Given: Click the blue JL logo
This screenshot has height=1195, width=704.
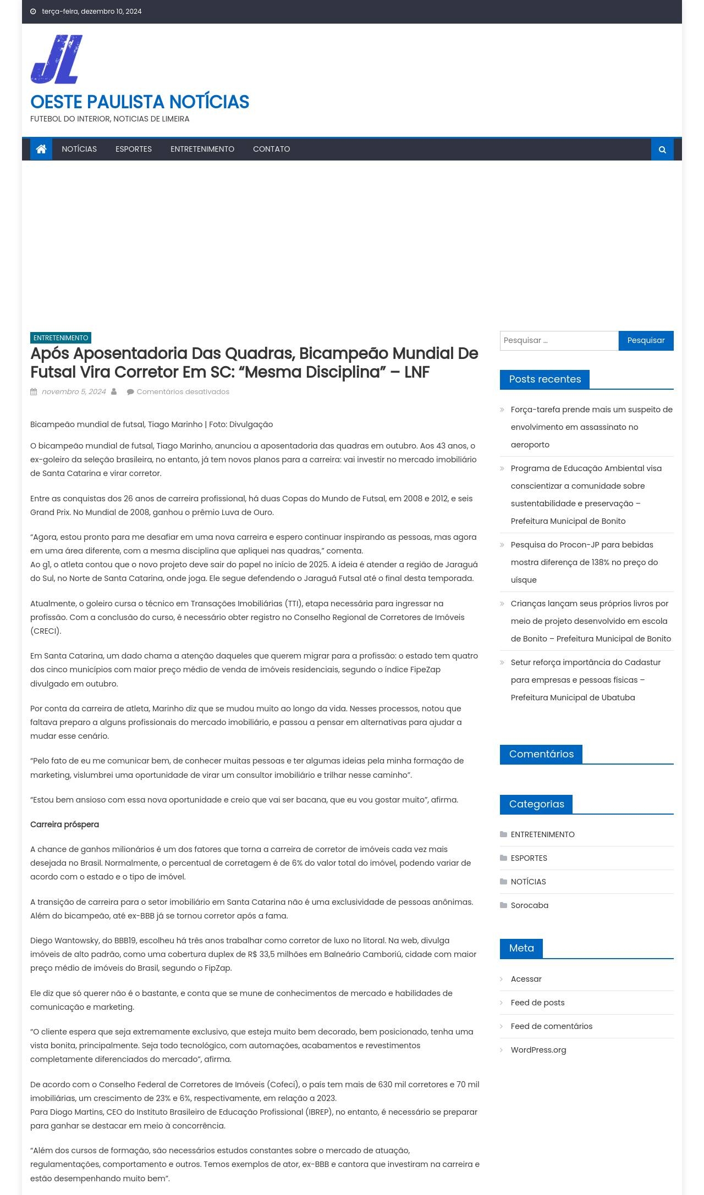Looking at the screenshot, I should tap(57, 59).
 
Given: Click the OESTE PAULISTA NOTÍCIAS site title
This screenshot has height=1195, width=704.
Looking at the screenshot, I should tap(140, 102).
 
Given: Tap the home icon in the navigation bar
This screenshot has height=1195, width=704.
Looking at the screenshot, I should tap(41, 149).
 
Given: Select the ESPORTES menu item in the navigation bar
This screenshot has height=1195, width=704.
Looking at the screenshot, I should tap(134, 149).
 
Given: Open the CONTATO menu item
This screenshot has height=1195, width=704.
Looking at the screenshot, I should tap(271, 149).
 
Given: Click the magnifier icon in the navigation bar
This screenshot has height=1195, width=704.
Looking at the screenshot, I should tap(662, 150).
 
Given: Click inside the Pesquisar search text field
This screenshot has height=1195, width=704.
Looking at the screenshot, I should tap(559, 341).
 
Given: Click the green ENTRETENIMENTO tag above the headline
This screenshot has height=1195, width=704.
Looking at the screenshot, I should tap(61, 338).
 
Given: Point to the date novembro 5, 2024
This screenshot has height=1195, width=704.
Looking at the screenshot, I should tap(74, 392).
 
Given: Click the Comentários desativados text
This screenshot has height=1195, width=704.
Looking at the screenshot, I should tap(183, 392).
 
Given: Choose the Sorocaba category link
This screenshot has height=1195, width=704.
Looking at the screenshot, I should tap(529, 905).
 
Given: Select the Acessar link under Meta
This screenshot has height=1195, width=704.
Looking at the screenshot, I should tap(526, 979).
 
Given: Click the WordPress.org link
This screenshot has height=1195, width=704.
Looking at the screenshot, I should tap(538, 1050).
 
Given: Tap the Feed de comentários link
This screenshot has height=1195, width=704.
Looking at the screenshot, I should tap(551, 1026).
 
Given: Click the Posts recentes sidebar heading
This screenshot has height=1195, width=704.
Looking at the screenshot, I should tap(544, 379).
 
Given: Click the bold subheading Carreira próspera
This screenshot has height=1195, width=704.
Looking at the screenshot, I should tap(64, 825).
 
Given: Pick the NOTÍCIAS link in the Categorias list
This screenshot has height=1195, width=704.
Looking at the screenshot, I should tap(528, 882).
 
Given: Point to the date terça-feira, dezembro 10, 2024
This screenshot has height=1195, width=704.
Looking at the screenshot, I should tap(91, 12).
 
